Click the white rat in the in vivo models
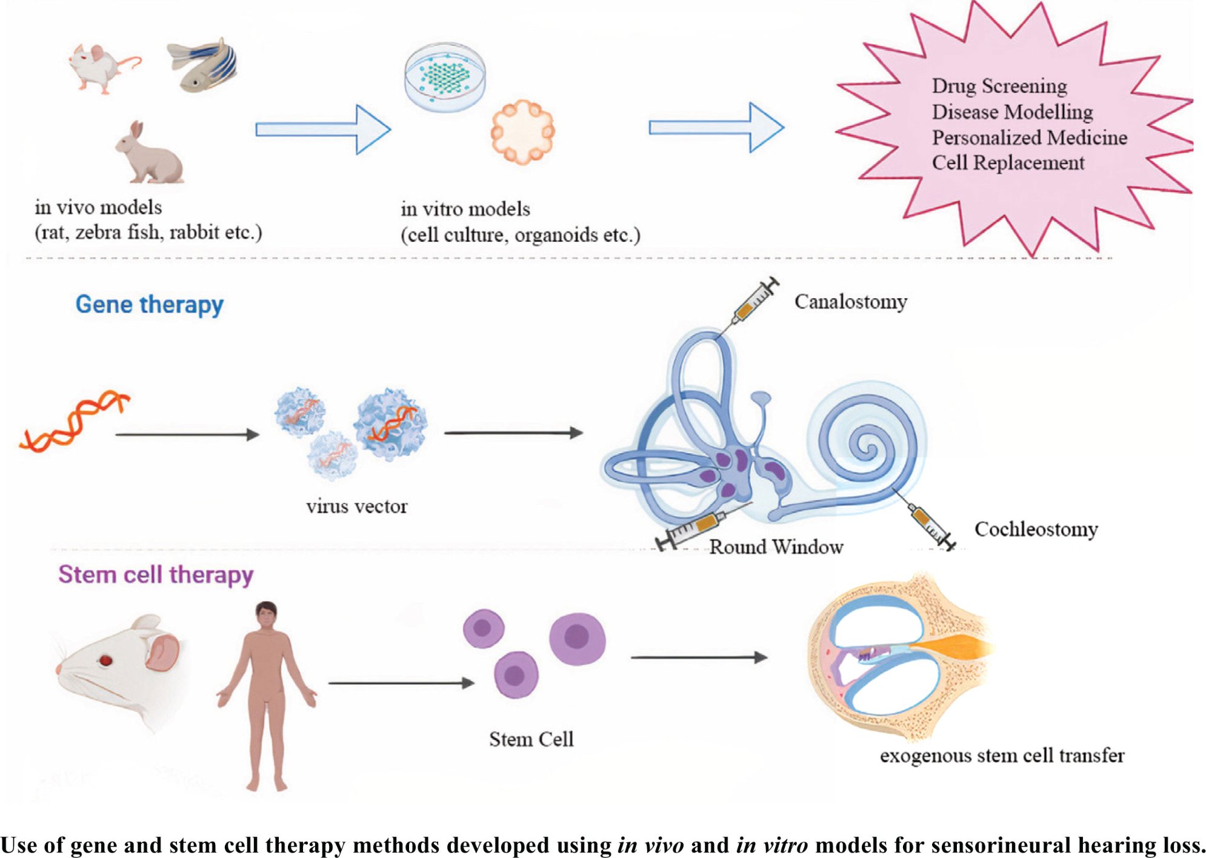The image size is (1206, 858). tap(100, 67)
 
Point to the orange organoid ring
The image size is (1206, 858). tap(522, 131)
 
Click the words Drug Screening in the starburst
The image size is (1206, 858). tap(999, 86)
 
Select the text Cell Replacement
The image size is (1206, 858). tap(1007, 162)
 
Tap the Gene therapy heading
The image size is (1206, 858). tap(149, 304)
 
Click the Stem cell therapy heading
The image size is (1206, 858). tap(156, 574)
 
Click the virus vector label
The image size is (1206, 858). tap(356, 506)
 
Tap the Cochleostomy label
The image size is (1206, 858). tap(1035, 529)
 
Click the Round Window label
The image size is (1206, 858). tap(776, 547)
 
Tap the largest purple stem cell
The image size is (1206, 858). tap(577, 638)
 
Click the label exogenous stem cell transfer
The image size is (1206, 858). tap(1001, 756)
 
